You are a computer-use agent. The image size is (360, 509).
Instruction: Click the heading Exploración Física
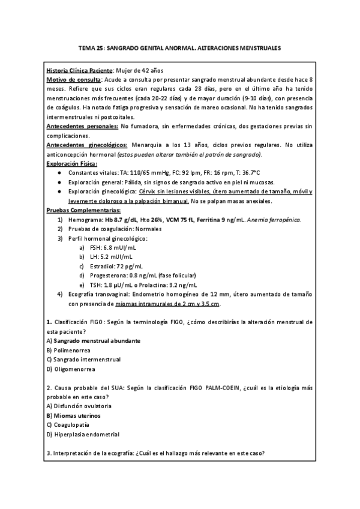71,163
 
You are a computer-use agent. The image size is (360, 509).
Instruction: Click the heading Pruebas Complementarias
83,210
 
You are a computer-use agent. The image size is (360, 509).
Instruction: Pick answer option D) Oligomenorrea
70,369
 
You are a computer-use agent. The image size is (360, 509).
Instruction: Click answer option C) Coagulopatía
68,424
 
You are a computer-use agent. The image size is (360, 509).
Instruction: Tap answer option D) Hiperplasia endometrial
83,434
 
